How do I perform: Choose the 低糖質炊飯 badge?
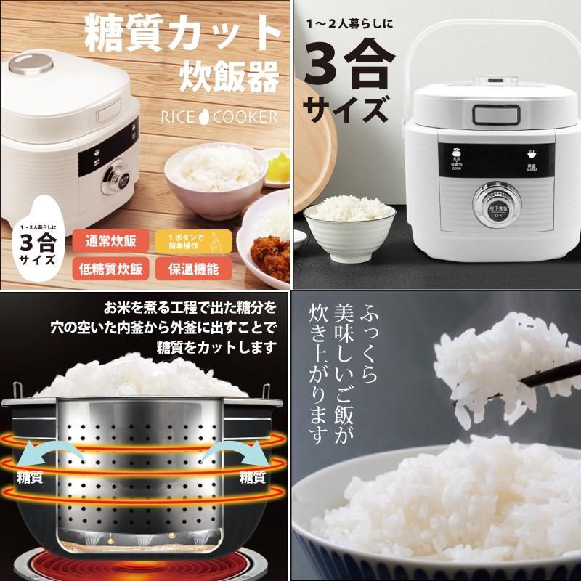click(111, 268)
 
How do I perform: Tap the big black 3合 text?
click(349, 66)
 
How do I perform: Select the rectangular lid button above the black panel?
click(492, 115)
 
